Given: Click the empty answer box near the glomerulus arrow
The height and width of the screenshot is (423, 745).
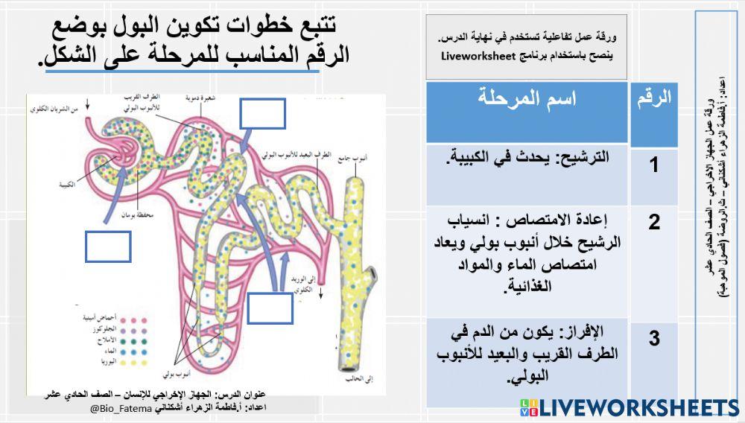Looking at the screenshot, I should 108,247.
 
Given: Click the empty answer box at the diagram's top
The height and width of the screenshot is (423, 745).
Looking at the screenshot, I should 262,114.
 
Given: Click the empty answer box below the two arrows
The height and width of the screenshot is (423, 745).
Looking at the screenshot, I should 270,308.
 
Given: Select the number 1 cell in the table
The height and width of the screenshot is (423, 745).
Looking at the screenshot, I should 653,165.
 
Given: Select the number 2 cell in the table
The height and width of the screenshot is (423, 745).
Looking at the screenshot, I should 653,222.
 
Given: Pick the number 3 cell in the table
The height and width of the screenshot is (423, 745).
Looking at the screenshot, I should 653,339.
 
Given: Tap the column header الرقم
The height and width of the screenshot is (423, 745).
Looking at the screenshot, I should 655,98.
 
